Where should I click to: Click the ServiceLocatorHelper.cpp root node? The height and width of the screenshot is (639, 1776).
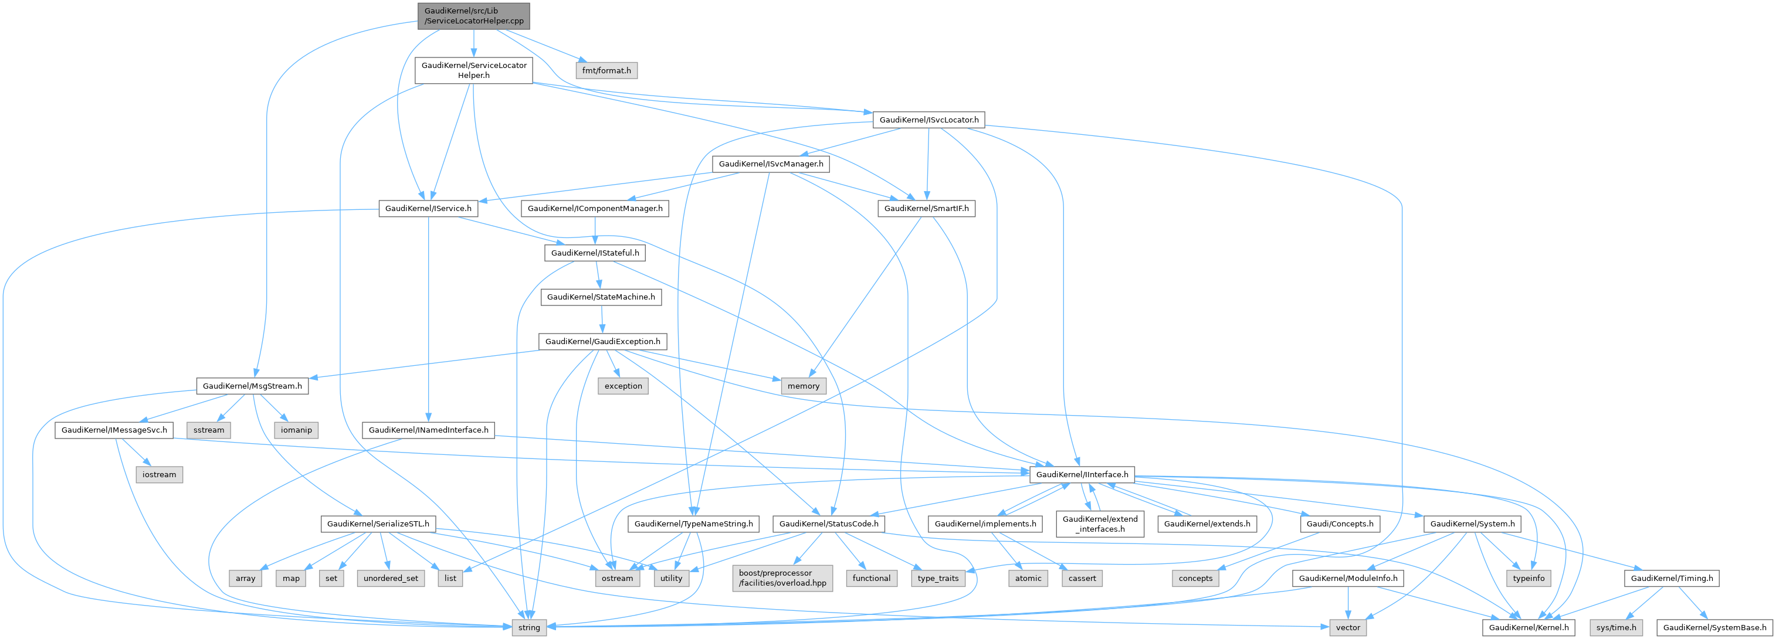point(474,16)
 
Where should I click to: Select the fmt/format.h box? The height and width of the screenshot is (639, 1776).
point(606,70)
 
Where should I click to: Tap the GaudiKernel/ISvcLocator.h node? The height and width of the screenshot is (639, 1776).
point(928,120)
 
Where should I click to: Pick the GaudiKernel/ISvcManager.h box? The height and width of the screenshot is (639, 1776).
point(771,164)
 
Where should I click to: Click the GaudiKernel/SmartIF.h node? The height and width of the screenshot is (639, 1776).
point(926,208)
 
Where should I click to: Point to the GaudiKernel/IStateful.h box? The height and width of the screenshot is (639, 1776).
point(594,253)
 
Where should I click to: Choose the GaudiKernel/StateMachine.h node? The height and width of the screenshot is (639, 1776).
point(601,297)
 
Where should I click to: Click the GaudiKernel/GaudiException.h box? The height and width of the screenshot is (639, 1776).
point(602,341)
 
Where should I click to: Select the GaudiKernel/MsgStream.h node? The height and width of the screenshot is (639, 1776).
point(252,386)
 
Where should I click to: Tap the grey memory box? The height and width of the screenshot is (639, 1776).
point(803,386)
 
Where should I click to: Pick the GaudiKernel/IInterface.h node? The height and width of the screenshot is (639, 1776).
point(1082,474)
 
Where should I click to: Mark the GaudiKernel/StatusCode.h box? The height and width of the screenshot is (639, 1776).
point(829,524)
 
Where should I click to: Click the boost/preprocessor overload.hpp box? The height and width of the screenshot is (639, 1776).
point(782,577)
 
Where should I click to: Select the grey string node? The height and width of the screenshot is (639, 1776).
point(529,627)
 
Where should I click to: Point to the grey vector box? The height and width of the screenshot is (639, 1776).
point(1347,627)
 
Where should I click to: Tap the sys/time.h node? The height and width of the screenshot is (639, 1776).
point(1616,627)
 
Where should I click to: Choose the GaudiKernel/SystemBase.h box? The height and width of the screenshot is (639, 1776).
point(1714,627)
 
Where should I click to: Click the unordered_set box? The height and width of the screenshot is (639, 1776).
point(390,579)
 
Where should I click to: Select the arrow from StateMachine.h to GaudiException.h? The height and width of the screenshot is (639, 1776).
point(602,319)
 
